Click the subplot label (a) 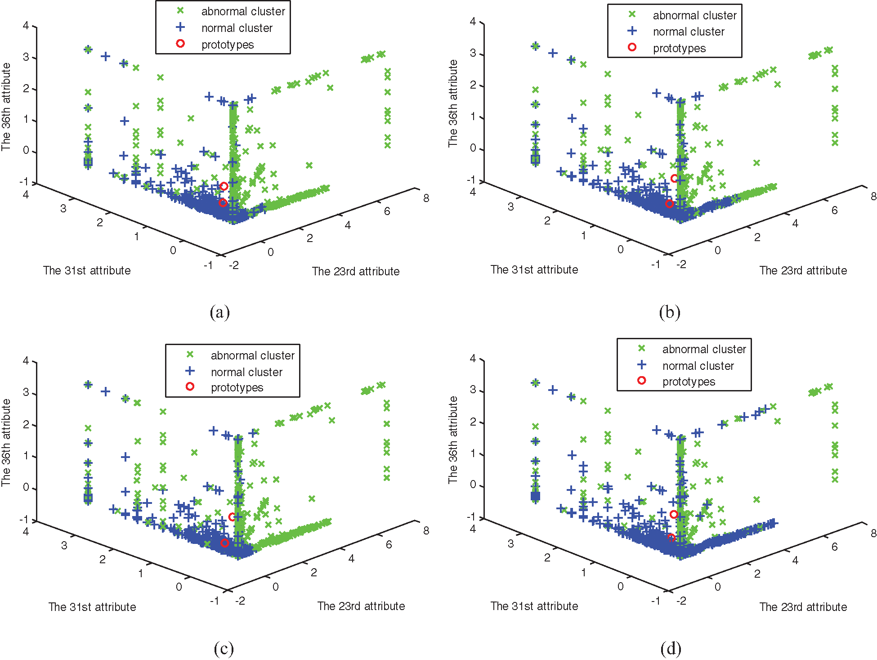coord(219,312)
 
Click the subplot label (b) coord(669,312)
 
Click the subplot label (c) coord(224,649)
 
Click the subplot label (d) coord(671,649)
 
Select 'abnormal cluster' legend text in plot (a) coord(243,11)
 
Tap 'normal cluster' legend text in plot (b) coord(689,32)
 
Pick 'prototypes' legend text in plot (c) coord(237,388)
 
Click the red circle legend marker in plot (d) coord(642,381)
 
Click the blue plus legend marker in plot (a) coord(180,27)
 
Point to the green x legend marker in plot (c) coord(190,355)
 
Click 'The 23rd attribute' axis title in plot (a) coord(356,271)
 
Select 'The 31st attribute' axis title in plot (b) coord(534,269)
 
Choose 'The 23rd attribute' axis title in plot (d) coord(803,607)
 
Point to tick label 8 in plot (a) coord(426,198)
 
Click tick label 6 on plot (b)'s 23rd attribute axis coord(834,211)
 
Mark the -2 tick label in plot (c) coord(241,601)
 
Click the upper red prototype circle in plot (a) coord(224,186)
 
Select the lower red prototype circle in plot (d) coord(671,538)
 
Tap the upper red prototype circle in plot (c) coord(232,517)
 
